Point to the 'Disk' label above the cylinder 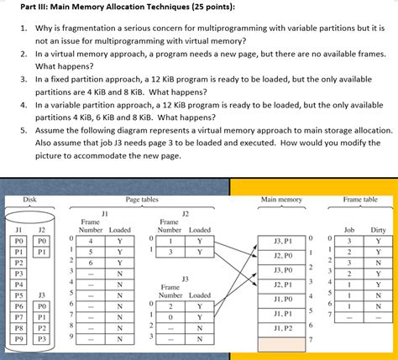click(29, 198)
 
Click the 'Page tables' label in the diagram click(143, 198)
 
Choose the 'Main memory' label click(282, 198)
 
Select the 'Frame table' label click(359, 198)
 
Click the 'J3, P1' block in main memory click(283, 239)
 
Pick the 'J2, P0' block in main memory click(283, 254)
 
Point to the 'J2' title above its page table click(186, 213)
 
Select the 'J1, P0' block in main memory click(283, 298)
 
